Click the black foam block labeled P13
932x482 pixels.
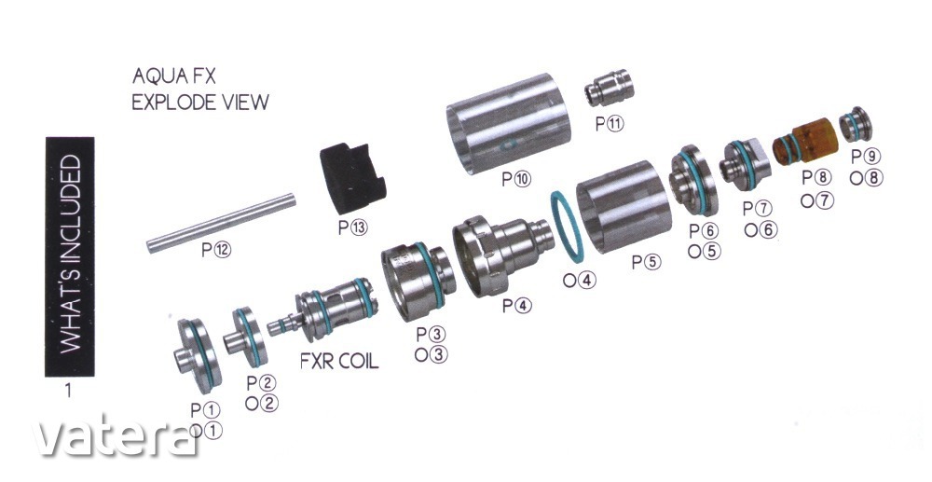coord(352,179)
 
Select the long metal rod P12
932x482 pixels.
coord(221,223)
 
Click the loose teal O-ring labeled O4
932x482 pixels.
coord(567,227)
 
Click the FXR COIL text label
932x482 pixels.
coord(339,361)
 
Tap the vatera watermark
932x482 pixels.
coord(114,438)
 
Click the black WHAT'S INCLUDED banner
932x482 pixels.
coord(70,256)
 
